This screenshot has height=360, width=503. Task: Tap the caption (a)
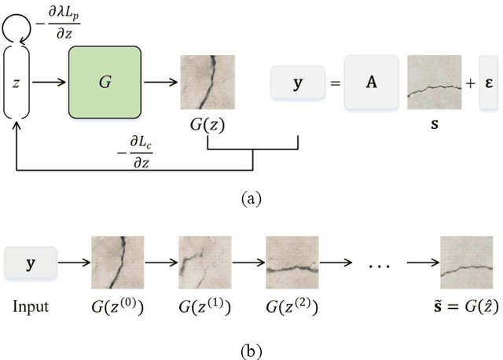pos(250,199)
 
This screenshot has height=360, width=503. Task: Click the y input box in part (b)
pos(31,263)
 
